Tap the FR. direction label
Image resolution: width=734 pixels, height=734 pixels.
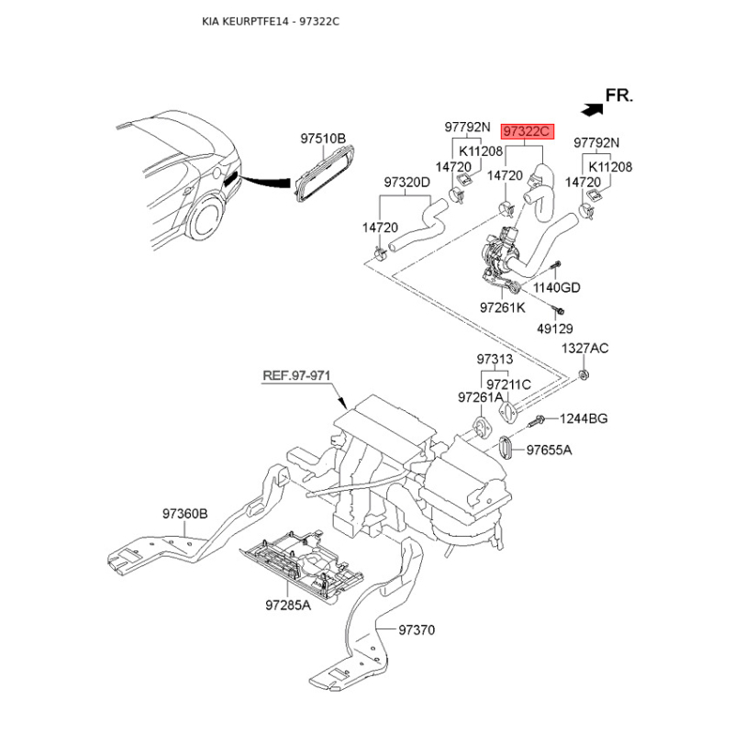[x=620, y=95]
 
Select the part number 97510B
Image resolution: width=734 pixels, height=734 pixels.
[x=323, y=139]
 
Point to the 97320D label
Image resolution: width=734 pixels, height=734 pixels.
[x=406, y=182]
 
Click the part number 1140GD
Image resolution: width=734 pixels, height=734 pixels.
[x=557, y=287]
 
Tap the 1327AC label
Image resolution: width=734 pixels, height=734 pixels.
[x=584, y=349]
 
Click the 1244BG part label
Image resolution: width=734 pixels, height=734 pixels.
[x=584, y=418]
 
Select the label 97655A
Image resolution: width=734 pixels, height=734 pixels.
[x=549, y=450]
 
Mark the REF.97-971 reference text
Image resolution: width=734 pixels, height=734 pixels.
[x=295, y=376]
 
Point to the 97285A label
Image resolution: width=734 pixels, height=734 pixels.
[x=288, y=606]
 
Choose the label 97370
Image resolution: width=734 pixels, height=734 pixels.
[x=416, y=630]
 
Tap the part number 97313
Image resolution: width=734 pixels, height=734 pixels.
[x=495, y=359]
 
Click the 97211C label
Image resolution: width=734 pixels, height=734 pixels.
[x=508, y=384]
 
